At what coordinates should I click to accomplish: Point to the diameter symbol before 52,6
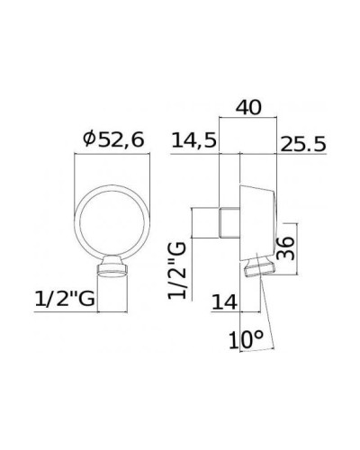(88, 139)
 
